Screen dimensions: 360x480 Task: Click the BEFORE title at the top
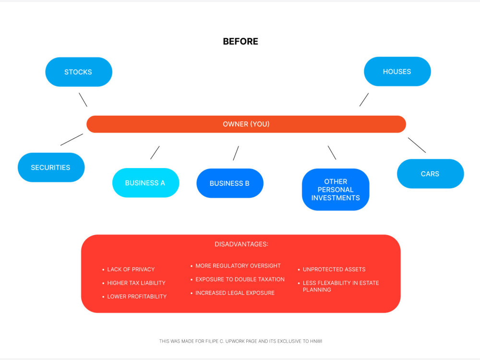(240, 41)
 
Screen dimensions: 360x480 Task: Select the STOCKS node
(78, 72)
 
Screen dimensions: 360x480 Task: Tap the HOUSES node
(397, 72)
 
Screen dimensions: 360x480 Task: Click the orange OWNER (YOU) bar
(246, 124)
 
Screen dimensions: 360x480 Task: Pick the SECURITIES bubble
(50, 168)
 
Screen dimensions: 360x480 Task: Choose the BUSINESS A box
(145, 183)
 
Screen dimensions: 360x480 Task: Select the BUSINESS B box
(229, 183)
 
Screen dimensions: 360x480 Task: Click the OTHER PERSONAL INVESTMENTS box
(336, 190)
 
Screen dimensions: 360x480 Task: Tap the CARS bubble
(430, 174)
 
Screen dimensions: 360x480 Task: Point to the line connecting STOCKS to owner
(83, 100)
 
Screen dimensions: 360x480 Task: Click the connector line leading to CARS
(417, 145)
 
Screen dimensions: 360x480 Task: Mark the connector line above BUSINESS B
(236, 153)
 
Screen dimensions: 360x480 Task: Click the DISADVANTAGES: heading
(241, 244)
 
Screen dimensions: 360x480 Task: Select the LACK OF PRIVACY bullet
(131, 269)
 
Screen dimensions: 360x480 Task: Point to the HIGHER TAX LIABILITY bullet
(136, 283)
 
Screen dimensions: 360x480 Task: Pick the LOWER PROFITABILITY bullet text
(137, 297)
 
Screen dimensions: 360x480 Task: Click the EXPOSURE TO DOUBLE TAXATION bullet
(240, 279)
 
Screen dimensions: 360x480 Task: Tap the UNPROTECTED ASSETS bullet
(334, 269)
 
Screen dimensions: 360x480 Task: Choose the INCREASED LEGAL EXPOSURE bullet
(235, 293)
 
